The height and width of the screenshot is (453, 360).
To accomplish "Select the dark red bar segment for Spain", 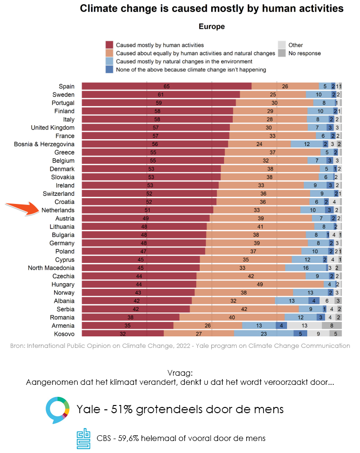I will [166, 86].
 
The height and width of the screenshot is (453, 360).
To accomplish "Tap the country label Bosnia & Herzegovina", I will [44, 144].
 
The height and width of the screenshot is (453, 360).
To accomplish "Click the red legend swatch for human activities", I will [109, 45].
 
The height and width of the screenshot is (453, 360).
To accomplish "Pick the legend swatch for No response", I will [282, 53].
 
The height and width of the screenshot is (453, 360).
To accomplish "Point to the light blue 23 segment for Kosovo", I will [263, 334].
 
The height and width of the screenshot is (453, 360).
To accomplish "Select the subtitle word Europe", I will [212, 27].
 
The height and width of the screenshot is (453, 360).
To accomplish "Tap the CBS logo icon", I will [84, 438].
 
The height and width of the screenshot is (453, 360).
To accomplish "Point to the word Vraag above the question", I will [180, 373].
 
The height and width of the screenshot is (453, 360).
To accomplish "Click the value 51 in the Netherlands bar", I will [147, 210].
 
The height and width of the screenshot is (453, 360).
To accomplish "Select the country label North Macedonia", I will [51, 268].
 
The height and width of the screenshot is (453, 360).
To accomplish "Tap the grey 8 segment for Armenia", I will [332, 325].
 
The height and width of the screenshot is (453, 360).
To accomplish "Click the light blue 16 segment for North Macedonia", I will [306, 268].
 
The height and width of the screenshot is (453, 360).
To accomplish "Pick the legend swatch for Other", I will [282, 45].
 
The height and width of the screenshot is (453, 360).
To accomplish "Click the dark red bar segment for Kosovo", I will [122, 334].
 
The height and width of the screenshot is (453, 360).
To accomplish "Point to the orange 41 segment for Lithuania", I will [260, 226].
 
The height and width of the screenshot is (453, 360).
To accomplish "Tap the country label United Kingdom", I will [53, 128].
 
